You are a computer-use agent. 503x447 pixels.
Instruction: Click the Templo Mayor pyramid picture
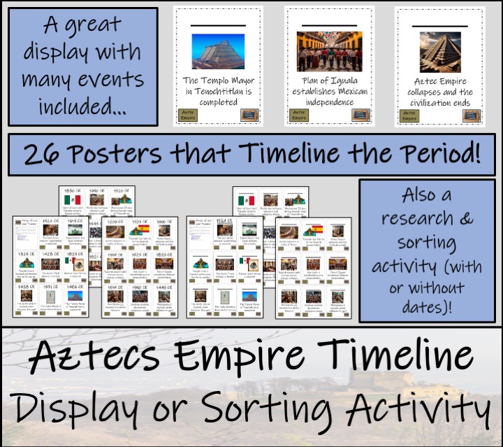[x=218, y=51]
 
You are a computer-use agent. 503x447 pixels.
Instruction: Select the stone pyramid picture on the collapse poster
[x=434, y=51]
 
